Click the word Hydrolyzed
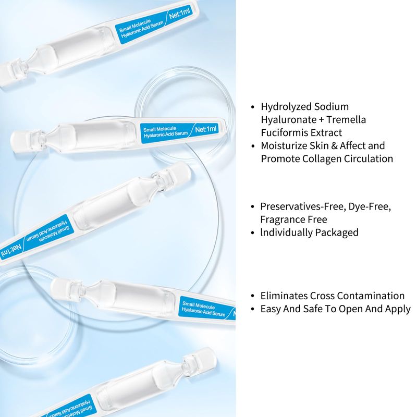286,107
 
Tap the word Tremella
346,120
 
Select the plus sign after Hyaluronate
321,120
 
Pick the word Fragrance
283,220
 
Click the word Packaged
337,233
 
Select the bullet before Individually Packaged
253,233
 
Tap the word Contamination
371,296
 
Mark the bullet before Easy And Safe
253,309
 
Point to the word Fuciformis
284,133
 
